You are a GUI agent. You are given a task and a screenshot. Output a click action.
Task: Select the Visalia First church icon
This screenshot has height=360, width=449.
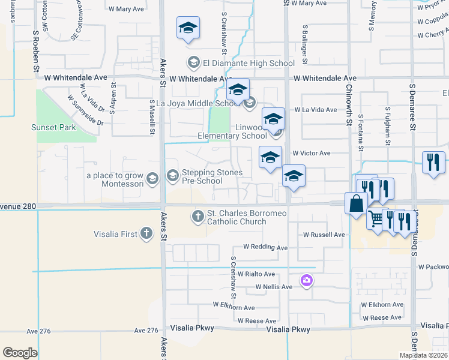click(x=146, y=234)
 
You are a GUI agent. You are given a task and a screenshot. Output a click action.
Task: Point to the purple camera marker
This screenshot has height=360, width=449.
click(x=307, y=280)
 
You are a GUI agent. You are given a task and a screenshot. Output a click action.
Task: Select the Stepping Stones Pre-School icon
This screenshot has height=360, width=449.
click(x=173, y=175)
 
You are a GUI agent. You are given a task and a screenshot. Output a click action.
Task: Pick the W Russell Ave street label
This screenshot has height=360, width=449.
click(x=324, y=235)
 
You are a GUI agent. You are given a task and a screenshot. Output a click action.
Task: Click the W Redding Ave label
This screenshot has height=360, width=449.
click(x=265, y=247)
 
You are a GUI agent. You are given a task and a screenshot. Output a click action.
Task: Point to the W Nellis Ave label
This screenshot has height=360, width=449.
click(x=274, y=287)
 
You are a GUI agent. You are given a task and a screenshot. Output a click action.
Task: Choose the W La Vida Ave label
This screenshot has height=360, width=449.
click(x=316, y=110)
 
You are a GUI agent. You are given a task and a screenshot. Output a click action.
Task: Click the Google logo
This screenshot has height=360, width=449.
click(x=20, y=353)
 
